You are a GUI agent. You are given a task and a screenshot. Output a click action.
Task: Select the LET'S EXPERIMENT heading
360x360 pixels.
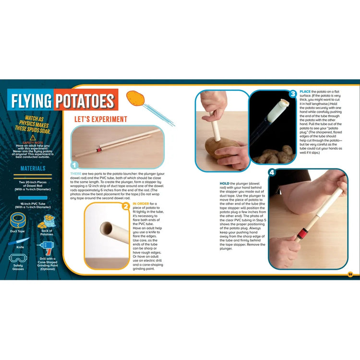click(100, 119)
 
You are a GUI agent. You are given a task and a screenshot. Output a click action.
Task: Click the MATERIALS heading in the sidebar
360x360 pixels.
click(33, 168)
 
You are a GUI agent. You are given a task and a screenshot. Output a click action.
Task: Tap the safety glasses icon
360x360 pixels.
click(17, 258)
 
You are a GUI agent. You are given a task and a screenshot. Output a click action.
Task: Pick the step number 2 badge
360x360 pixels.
click(126, 207)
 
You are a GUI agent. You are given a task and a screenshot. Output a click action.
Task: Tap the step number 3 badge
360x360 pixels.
click(292, 94)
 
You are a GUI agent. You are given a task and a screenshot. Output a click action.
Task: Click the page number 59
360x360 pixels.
click(350, 274)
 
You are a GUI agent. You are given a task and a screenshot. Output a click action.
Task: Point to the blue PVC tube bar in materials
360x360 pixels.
click(33, 197)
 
